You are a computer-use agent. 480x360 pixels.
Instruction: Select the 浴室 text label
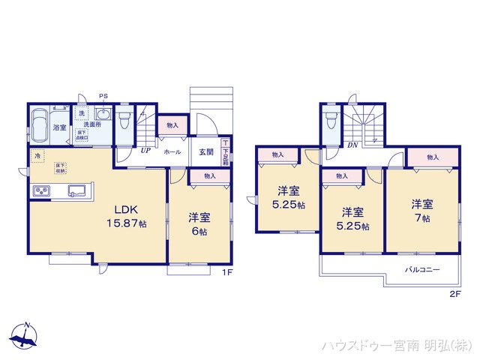(x=61, y=127)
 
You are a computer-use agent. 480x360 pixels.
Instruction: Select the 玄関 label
(x=206, y=151)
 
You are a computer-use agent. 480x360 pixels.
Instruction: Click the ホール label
(x=172, y=151)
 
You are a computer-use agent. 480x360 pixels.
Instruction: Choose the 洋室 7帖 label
(x=421, y=210)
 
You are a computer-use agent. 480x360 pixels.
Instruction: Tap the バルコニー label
(x=421, y=268)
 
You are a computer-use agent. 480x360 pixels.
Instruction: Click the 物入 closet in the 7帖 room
(x=433, y=157)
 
